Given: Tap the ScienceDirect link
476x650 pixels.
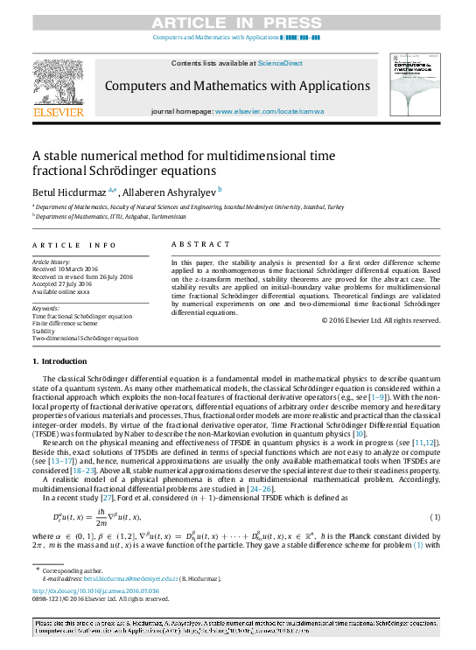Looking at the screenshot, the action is (280, 63).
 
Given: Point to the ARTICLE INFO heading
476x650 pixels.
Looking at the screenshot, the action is (73, 245).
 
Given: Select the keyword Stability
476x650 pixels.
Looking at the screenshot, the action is (44, 331).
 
